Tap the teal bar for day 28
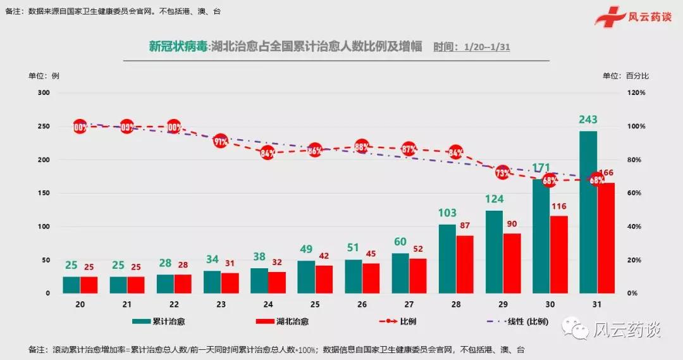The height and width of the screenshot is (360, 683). point(447,259)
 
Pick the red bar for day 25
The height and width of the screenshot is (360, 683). point(324,279)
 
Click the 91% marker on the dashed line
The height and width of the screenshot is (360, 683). point(221,141)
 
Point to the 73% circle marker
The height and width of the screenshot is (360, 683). point(503,172)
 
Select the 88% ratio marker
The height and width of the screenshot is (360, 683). point(362,147)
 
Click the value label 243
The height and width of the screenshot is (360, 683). point(588,120)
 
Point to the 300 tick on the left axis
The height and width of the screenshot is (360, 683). point(44,92)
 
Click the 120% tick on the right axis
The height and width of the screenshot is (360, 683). point(636,92)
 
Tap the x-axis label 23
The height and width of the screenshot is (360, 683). point(221,304)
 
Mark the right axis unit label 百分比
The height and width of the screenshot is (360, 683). point(637,76)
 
